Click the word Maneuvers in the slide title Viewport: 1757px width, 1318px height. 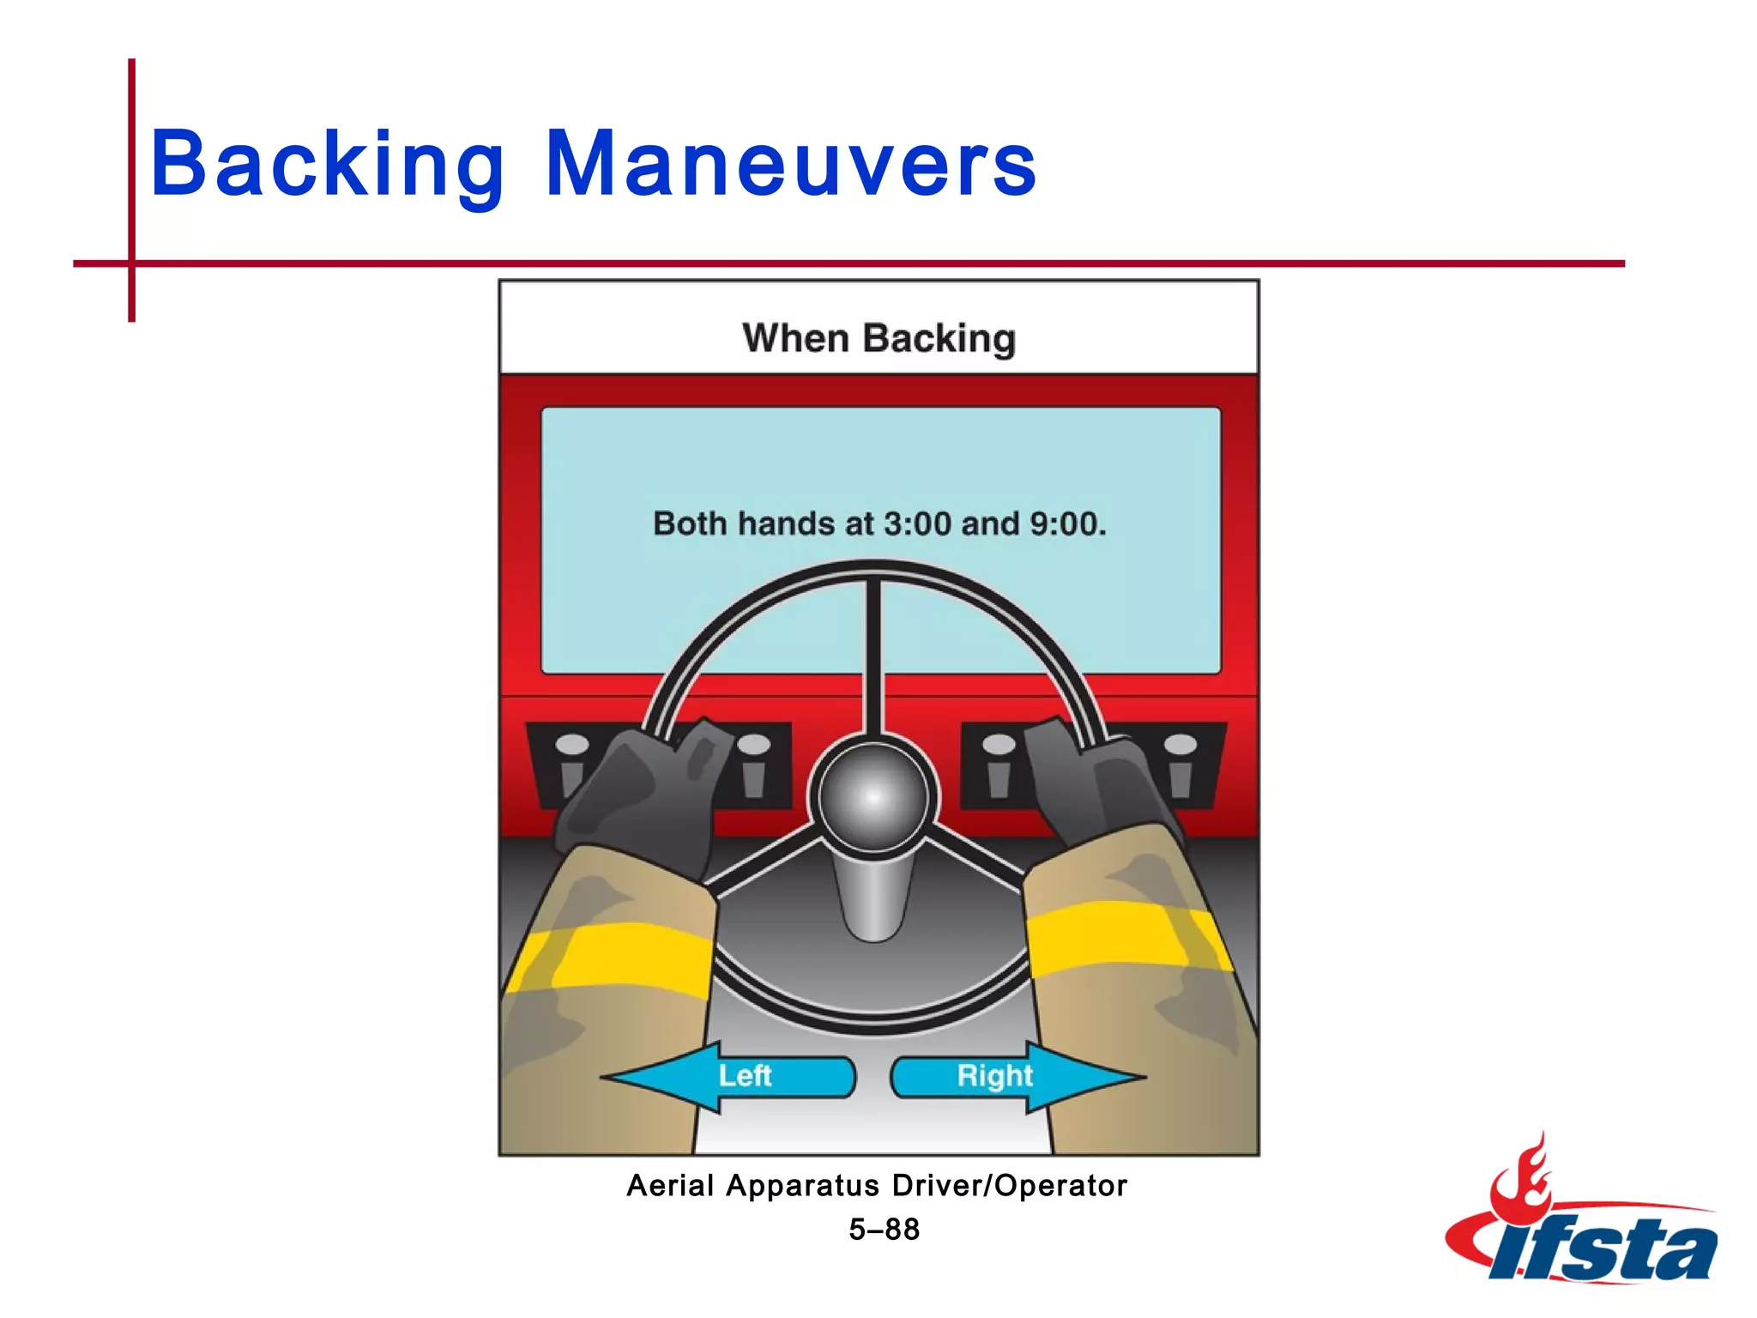791,163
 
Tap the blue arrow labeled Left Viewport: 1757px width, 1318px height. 729,1077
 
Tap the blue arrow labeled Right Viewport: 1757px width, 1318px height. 1017,1077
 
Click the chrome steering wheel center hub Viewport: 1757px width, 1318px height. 873,796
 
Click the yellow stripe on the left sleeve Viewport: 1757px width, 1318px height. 618,957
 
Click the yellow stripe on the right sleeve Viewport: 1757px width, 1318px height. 1124,940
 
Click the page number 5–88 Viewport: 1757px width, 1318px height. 884,1230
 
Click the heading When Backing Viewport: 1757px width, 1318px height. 878,338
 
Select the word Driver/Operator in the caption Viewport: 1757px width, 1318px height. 1009,1186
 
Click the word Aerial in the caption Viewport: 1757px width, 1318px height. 670,1186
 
